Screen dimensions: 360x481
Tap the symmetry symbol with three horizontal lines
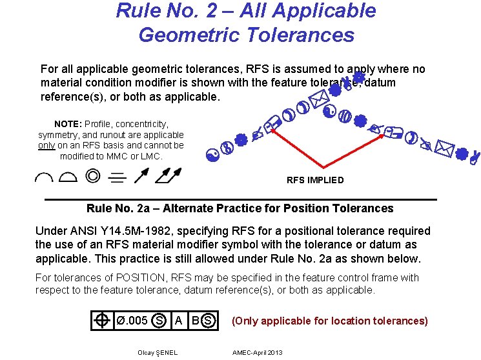[118, 176]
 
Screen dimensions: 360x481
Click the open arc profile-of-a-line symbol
[46, 176]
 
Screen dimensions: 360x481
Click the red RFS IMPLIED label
[315, 180]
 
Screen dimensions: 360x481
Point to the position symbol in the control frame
[102, 321]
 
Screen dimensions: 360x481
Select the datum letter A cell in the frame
[178, 321]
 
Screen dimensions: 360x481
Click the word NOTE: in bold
[68, 123]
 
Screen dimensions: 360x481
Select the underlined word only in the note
[46, 145]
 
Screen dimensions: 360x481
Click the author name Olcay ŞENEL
[158, 352]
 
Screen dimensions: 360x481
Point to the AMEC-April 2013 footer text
[258, 352]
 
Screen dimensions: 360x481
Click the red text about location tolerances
[329, 321]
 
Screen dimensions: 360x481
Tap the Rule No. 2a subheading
[240, 208]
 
